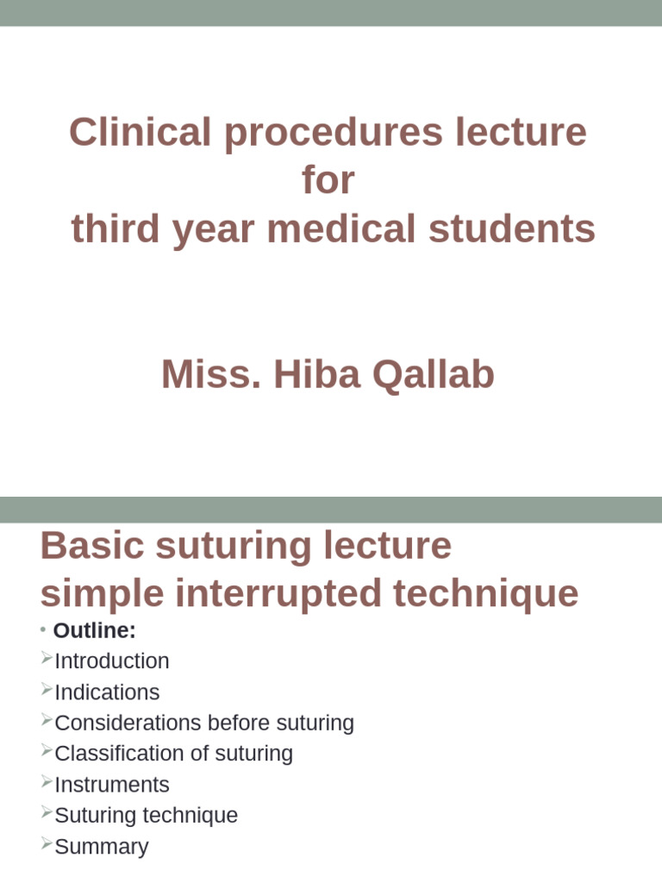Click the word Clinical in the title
coord(140,133)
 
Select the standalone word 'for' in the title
coord(328,181)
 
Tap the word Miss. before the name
coord(211,374)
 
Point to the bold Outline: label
coord(95,630)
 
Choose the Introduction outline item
coord(112,661)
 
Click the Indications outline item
coord(107,692)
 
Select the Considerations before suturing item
coord(204,723)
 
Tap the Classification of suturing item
coord(173,754)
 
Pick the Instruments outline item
coord(112,785)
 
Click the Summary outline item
coord(102,847)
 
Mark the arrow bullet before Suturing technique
coord(47,813)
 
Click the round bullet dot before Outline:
coord(43,630)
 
